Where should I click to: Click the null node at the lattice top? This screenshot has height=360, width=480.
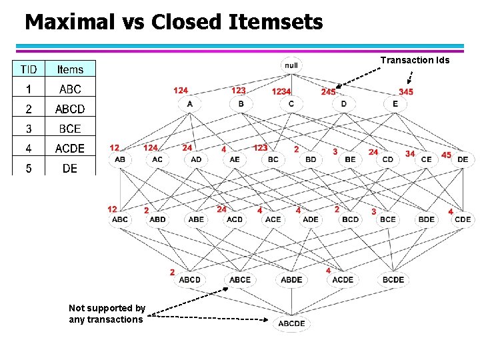point(291,65)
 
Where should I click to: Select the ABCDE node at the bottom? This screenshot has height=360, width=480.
point(291,323)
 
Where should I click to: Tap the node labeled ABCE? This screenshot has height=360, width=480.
point(240,279)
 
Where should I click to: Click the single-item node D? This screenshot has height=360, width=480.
point(343,104)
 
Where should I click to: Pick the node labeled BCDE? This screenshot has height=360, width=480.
point(393,279)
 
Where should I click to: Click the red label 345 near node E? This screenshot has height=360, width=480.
point(406,91)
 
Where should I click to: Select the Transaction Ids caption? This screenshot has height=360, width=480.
point(415,60)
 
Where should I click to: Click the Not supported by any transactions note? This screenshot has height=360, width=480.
point(107,314)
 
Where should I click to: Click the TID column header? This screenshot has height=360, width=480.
point(29,69)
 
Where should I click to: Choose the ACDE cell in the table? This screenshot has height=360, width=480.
point(70,149)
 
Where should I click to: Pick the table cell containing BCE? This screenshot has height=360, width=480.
point(70,129)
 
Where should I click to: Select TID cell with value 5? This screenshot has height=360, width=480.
point(29,169)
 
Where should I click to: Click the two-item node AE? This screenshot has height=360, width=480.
point(235,159)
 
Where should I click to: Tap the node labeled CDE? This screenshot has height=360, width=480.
point(463,219)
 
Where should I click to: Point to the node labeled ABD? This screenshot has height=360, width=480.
point(158,219)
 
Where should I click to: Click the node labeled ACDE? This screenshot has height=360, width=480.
point(343,279)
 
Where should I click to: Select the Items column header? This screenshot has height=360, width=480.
point(70,69)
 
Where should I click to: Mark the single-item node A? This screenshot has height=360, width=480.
point(190,104)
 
